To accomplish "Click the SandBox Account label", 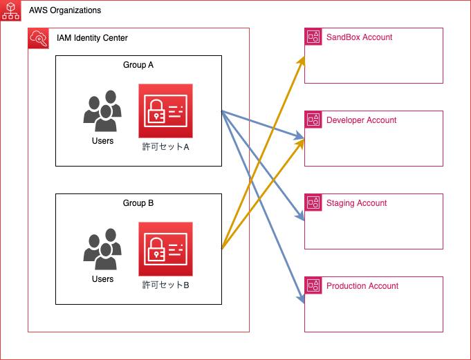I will pos(359,37).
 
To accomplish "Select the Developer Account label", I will pos(361,120).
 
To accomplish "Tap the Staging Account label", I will pos(356,203).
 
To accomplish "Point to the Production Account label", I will pos(362,286).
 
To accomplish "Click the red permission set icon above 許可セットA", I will pos(165,111).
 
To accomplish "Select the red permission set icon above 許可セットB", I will pos(165,249).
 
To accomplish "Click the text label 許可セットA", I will pos(165,146).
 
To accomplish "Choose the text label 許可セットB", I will pos(165,285).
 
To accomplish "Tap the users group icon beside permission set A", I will pos(102,111).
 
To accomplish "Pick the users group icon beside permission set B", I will pos(102,249).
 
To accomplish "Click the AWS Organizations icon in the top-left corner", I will pos(10,10).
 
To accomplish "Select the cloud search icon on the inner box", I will pos(38,39).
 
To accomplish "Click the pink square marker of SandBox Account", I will pos(313,37).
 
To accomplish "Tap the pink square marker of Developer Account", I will pos(313,120).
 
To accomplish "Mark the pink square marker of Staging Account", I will pos(313,203).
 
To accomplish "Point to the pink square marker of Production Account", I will pos(313,286).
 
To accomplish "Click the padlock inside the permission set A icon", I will pos(158,111).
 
